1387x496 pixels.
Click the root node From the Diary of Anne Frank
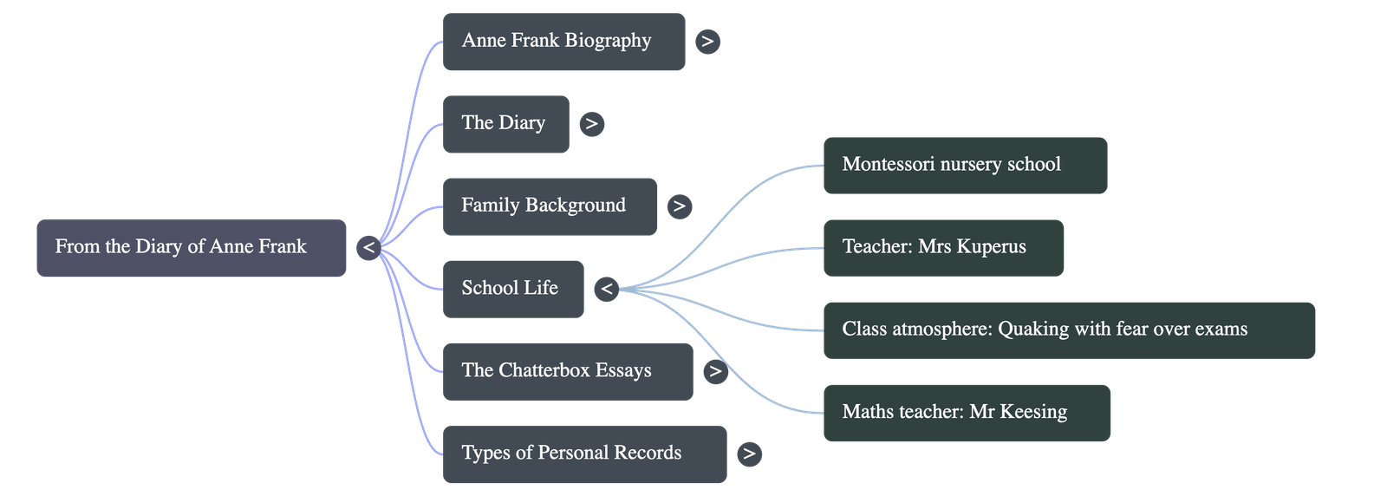191,247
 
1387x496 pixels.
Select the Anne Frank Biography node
563,42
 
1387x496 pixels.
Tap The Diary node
505,124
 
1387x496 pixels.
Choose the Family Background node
550,206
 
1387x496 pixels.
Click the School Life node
512,289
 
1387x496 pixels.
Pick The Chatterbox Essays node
567,371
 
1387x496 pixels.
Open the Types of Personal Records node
584,454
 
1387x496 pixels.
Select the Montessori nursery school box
965,165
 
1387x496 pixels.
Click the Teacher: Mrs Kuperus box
943,247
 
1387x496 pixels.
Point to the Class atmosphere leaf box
1069,330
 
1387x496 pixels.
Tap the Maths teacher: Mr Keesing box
967,413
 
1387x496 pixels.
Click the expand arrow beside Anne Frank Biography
707,42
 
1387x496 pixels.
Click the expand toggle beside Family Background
679,206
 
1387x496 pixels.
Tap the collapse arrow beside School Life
607,289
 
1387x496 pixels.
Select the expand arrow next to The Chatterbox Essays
714,372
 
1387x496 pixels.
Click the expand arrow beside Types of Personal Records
749,454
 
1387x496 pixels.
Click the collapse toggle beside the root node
368,248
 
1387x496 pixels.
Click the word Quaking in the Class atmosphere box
1033,330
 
